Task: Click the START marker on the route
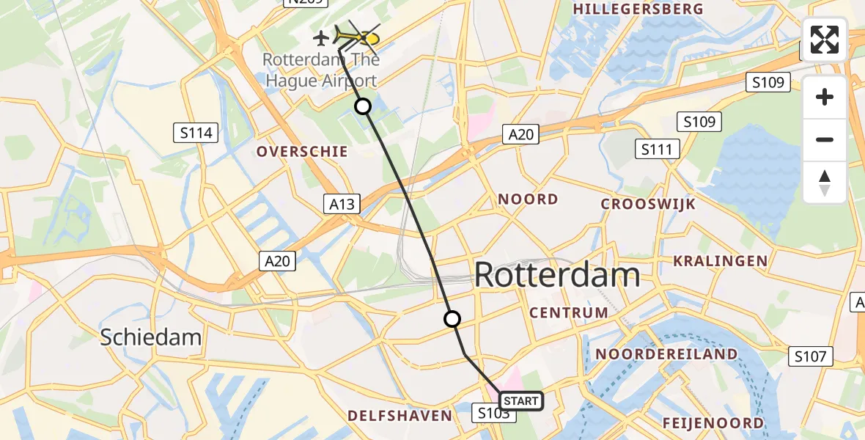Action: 521,401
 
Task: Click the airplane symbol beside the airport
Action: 321,37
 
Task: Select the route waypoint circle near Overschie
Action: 363,106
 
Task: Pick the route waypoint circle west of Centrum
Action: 452,319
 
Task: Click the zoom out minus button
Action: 825,139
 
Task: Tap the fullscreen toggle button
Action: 825,39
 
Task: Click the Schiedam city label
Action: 150,337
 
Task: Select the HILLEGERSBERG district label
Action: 640,10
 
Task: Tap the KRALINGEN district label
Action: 720,261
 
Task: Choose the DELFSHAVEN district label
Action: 400,416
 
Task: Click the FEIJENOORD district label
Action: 713,423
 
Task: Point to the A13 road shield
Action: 342,204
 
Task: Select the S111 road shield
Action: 657,150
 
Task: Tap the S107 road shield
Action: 811,357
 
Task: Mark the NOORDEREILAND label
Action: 666,354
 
